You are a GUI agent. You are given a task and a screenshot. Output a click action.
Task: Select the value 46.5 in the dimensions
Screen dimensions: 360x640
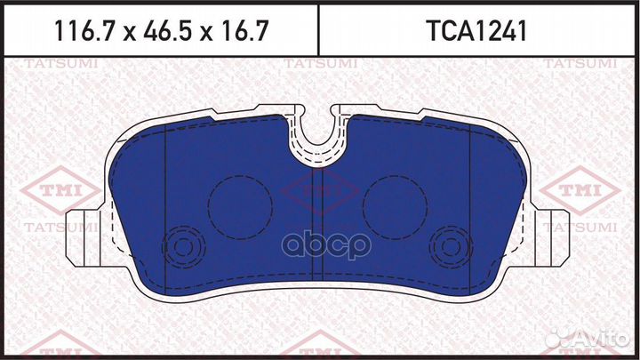pos(161,31)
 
